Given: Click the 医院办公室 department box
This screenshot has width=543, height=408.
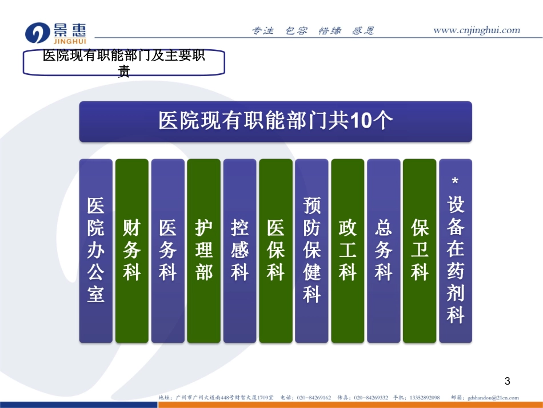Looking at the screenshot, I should (x=95, y=251).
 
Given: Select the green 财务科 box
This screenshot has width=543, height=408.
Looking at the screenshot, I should (x=131, y=251).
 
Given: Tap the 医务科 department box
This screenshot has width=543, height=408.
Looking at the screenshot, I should (x=167, y=251).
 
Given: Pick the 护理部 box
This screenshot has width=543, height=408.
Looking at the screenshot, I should (x=203, y=251).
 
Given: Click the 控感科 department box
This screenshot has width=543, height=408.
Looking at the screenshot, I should (x=239, y=251).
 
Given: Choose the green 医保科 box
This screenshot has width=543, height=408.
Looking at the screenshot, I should (x=276, y=251).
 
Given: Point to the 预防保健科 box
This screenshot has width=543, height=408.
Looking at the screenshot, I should (x=312, y=251).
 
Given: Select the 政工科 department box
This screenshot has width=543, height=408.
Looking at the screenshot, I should (x=348, y=251).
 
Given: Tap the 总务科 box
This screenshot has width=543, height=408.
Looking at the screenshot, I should (x=384, y=251).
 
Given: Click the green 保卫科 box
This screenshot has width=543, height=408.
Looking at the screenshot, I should (x=420, y=251).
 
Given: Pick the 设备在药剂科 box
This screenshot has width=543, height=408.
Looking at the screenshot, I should (x=456, y=258).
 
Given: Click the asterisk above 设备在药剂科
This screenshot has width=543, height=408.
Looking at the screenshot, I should (x=456, y=182).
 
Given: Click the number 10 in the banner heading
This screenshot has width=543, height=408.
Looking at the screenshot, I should (x=362, y=121).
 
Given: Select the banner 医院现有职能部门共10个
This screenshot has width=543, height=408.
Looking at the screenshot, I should (x=276, y=121).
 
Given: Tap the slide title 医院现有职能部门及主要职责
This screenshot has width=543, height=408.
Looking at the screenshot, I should (x=124, y=62).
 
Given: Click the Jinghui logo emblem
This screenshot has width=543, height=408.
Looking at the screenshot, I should (x=38, y=33).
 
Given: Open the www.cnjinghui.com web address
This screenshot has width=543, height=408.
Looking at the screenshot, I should (x=476, y=30).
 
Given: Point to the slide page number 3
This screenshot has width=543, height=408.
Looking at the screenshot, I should (x=506, y=381).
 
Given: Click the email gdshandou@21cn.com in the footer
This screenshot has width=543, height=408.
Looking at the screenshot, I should (x=493, y=398).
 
